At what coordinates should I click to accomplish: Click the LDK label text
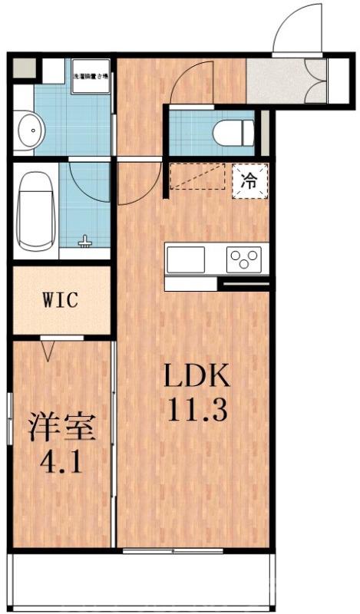[x=195, y=378]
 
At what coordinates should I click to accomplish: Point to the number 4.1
[x=63, y=462]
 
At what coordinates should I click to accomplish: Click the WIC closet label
[x=60, y=300]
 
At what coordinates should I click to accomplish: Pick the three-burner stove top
[x=244, y=259]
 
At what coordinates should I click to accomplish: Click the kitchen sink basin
[x=185, y=259]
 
